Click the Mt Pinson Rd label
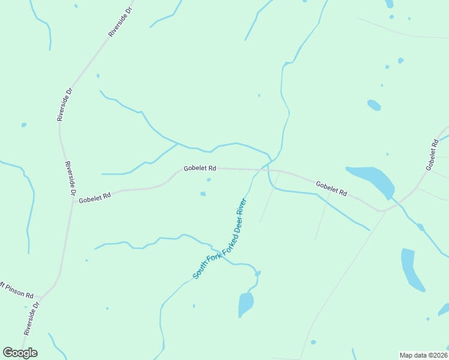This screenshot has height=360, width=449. [x=17, y=290]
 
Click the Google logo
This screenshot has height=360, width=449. [x=20, y=353]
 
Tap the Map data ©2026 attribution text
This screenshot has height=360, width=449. [x=424, y=355]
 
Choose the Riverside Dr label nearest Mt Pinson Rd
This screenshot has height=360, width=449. [x=32, y=318]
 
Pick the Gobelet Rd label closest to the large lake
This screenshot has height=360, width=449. [x=331, y=189]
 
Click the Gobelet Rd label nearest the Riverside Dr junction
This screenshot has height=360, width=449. [x=95, y=197]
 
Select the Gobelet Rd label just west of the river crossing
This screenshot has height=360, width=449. [x=200, y=169]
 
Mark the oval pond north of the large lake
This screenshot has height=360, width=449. [x=373, y=105]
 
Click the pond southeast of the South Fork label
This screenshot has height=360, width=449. [x=245, y=304]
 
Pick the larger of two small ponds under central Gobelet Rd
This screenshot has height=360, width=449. [x=203, y=194]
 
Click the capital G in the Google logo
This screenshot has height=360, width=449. [x=8, y=352]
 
